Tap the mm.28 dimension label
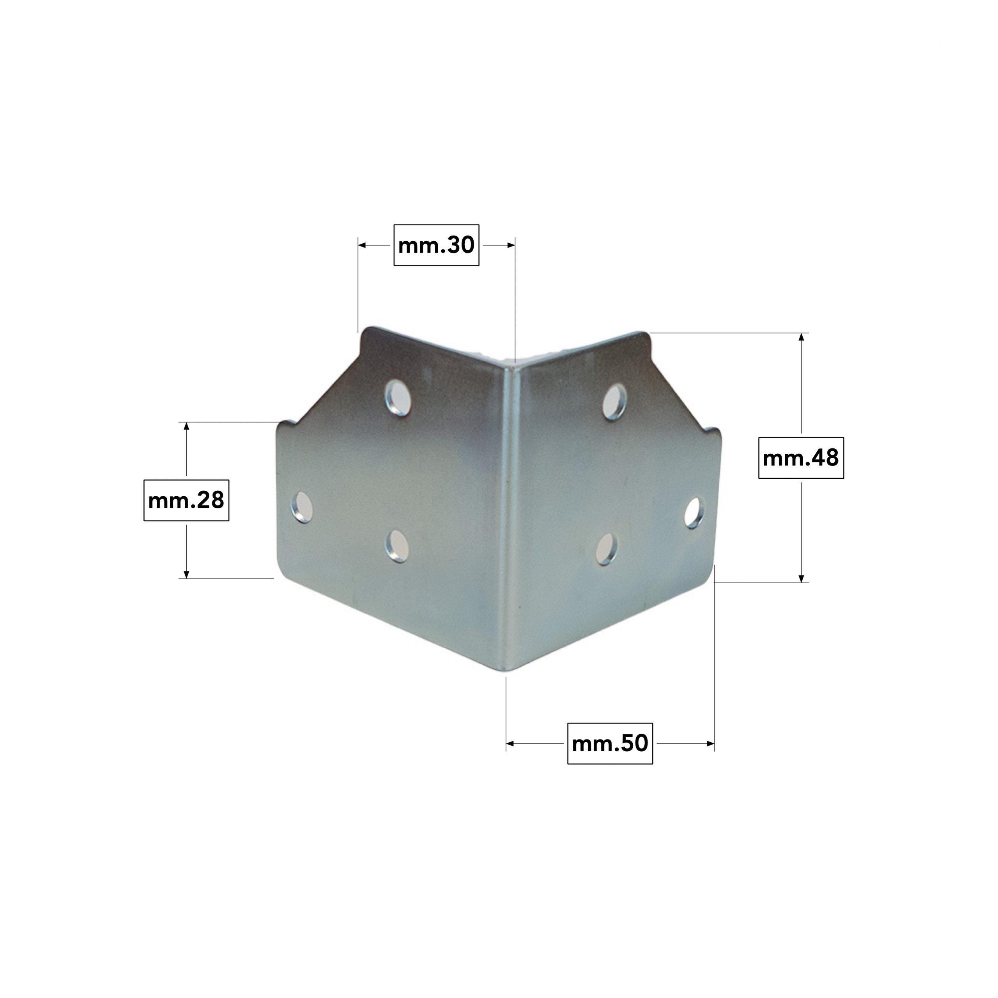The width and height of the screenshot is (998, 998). [186, 500]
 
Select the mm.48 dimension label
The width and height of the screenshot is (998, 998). [801, 458]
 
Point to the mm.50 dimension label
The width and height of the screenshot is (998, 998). [610, 743]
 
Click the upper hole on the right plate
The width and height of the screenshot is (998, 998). [615, 402]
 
